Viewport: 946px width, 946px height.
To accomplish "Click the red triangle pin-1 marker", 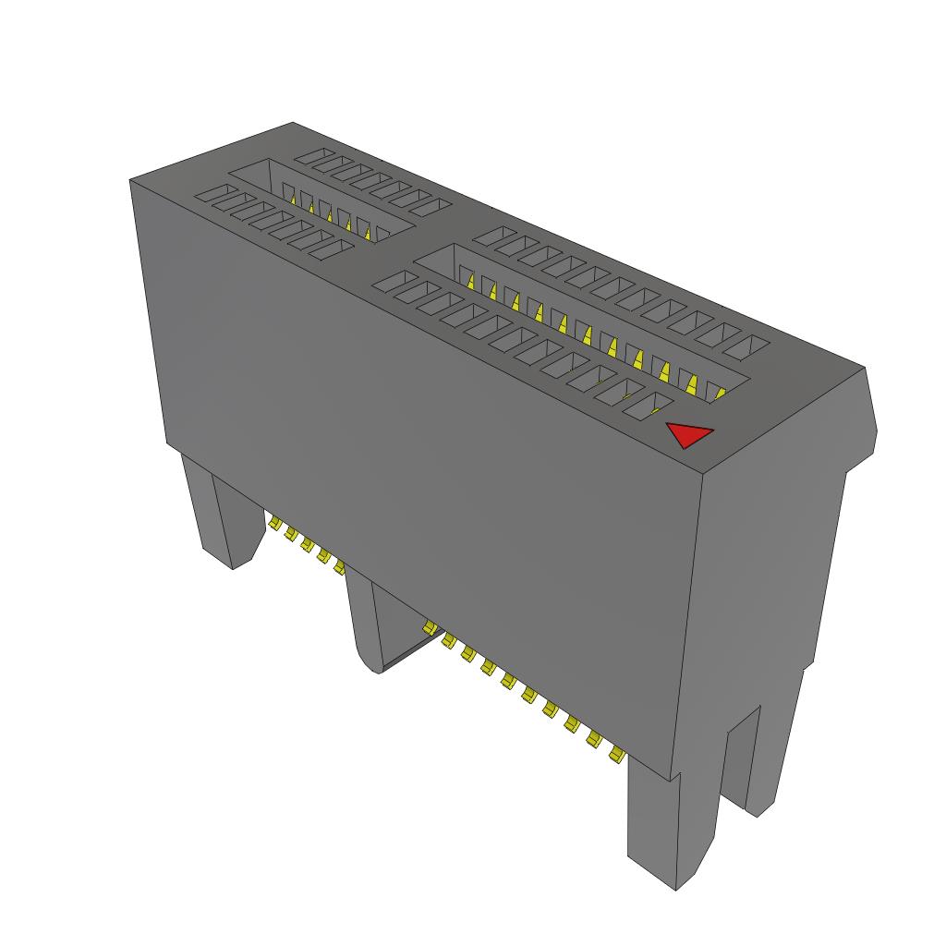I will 687,434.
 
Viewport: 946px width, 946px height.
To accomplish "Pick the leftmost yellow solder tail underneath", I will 274,524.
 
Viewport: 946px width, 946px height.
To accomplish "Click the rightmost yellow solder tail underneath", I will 614,757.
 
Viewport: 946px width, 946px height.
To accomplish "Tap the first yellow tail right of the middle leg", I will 429,629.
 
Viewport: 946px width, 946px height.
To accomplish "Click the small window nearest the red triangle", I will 647,404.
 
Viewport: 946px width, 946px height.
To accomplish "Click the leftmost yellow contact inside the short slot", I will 288,196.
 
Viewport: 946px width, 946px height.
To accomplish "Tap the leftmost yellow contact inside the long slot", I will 470,281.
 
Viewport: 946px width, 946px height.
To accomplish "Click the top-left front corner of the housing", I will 130,182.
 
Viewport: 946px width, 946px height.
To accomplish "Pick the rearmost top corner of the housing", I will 293,123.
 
